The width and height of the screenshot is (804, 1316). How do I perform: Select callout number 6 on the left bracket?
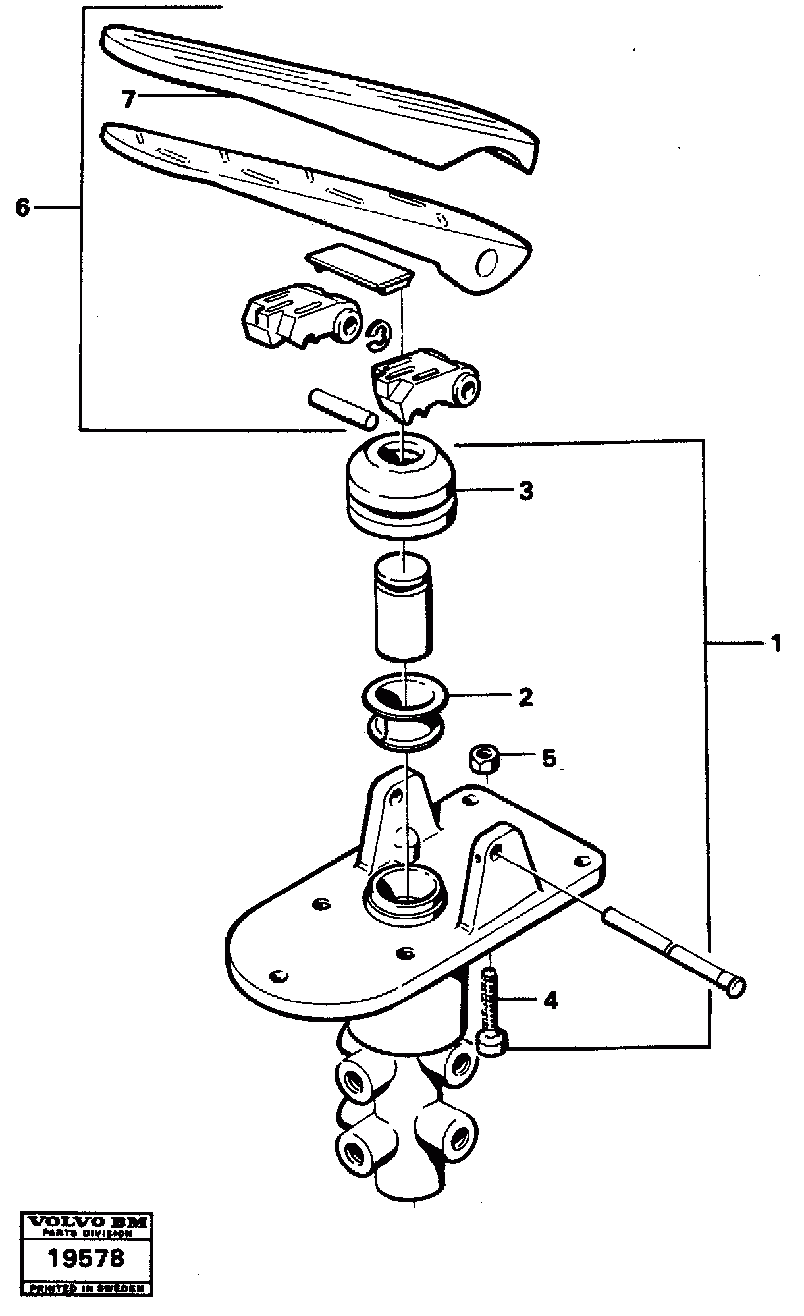pos(22,209)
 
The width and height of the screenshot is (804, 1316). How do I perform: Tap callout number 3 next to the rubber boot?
pos(525,491)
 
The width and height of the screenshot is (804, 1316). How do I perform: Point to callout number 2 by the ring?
pos(525,697)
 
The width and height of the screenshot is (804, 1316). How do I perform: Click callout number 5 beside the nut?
pos(549,758)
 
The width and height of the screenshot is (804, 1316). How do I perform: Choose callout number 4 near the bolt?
pos(550,1001)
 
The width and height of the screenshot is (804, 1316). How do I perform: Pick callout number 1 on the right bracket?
pos(776,643)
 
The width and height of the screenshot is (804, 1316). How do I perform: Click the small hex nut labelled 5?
pos(485,760)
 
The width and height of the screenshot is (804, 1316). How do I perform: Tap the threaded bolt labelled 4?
pos(491,1014)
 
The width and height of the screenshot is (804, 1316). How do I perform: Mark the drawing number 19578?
pos(86,1258)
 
